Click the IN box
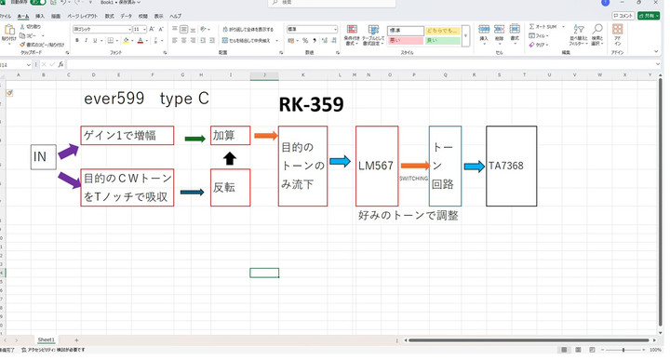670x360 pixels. pyautogui.click(x=43, y=157)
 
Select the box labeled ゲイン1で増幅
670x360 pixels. pyautogui.click(x=127, y=137)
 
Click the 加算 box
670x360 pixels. pyautogui.click(x=230, y=137)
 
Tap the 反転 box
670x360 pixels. pyautogui.click(x=230, y=187)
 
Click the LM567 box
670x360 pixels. pyautogui.click(x=376, y=166)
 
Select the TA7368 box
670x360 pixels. pyautogui.click(x=511, y=166)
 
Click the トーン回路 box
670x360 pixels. pyautogui.click(x=445, y=166)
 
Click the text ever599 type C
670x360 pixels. pyautogui.click(x=146, y=99)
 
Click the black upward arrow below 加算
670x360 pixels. pyautogui.click(x=230, y=159)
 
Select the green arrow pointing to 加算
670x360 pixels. pyautogui.click(x=194, y=139)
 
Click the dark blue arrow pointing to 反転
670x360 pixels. pyautogui.click(x=192, y=192)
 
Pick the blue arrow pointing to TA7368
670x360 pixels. pyautogui.click(x=475, y=167)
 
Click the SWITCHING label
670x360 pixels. pyautogui.click(x=413, y=177)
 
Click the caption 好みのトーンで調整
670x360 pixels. pyautogui.click(x=408, y=215)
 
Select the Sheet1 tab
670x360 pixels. pyautogui.click(x=46, y=340)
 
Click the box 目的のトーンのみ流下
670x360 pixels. pyautogui.click(x=303, y=166)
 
